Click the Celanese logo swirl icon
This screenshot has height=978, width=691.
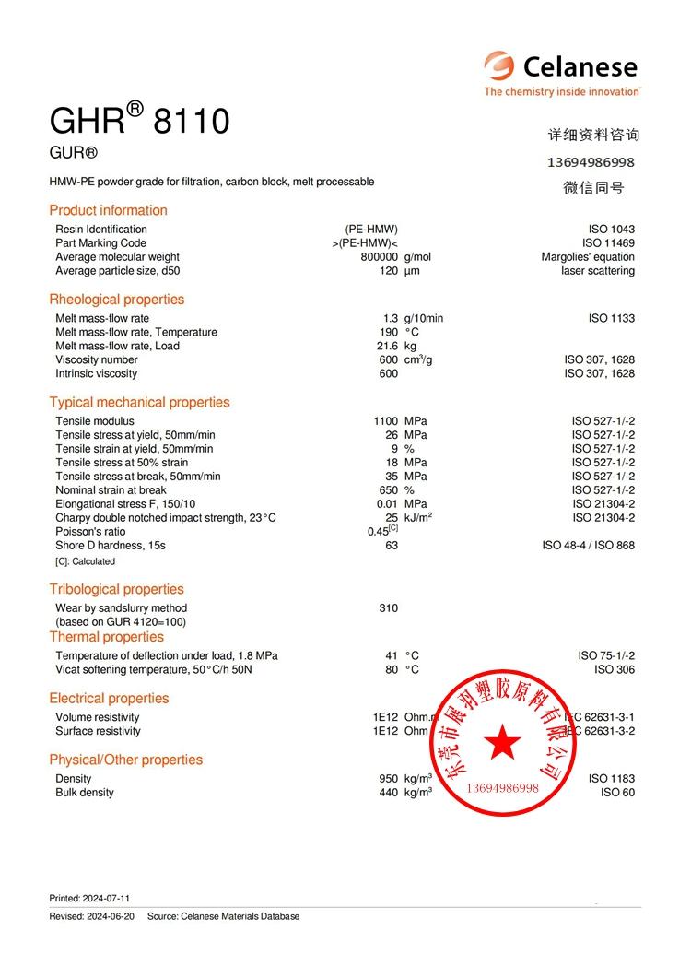[x=499, y=65]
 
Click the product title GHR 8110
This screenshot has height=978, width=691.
[x=139, y=120]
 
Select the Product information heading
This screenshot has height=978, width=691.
[x=108, y=210]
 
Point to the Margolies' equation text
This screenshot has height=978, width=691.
[x=588, y=257]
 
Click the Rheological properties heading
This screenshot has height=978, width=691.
[x=116, y=300]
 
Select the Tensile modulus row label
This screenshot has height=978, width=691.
[x=93, y=421]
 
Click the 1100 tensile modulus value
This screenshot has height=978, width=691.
[x=385, y=421]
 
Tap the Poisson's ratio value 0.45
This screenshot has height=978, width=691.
[x=379, y=532]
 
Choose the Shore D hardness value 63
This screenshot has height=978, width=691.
[x=392, y=546]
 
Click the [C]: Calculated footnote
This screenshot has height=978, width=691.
[x=85, y=561]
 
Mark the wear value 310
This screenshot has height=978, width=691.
[x=388, y=608]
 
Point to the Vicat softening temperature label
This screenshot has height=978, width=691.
[x=153, y=670]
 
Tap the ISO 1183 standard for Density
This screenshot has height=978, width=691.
[x=611, y=779]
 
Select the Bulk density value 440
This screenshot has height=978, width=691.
[x=388, y=793]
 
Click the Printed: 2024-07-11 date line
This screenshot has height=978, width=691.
[x=89, y=898]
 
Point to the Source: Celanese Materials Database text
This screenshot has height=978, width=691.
[x=223, y=916]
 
